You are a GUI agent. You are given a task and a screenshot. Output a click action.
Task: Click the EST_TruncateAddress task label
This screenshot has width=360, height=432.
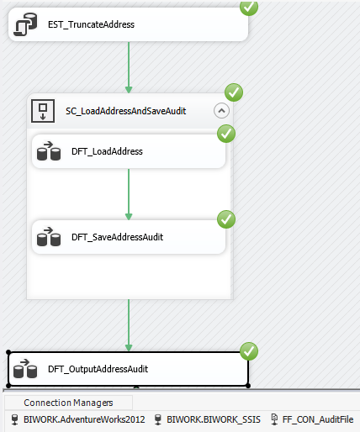(91, 24)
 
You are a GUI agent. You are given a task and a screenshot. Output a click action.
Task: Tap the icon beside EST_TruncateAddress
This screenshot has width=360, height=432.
(26, 24)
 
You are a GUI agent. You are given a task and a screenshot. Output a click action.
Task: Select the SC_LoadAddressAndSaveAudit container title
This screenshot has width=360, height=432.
(125, 111)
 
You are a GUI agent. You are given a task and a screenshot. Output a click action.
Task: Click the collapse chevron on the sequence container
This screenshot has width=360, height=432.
(221, 111)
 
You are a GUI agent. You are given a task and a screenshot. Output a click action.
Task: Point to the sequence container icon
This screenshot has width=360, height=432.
(43, 111)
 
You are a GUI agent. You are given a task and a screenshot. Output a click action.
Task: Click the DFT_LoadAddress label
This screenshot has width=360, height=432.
(107, 151)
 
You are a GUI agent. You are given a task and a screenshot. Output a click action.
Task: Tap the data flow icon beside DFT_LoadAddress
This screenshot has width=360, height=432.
(49, 151)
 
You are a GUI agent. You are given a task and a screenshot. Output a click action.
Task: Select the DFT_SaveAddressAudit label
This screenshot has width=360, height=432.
(117, 237)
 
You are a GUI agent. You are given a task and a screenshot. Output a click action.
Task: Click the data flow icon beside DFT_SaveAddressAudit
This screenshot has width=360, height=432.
(49, 237)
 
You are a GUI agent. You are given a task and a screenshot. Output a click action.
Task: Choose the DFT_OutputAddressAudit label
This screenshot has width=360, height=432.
(98, 369)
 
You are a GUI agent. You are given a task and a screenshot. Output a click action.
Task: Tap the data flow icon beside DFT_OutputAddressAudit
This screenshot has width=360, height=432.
(25, 369)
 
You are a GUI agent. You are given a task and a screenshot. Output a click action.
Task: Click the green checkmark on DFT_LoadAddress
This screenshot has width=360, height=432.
(226, 134)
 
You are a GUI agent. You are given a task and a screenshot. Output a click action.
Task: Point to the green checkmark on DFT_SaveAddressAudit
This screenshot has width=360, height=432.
(226, 219)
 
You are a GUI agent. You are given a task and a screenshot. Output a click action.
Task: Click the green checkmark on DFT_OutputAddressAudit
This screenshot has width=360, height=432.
(249, 351)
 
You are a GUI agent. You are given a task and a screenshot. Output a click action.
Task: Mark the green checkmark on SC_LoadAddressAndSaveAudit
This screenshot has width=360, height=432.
(234, 92)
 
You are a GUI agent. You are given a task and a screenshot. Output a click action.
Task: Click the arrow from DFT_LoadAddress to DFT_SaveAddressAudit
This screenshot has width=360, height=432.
(129, 194)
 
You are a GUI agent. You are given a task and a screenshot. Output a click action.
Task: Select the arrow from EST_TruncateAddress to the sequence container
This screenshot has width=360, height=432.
(129, 67)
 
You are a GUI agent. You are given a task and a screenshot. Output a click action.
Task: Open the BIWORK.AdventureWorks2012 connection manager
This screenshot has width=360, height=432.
(78, 419)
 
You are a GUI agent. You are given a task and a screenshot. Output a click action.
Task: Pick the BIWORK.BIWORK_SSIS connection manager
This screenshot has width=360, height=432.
(208, 419)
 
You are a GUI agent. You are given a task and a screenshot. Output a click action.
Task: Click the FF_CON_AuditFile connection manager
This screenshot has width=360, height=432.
(312, 419)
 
